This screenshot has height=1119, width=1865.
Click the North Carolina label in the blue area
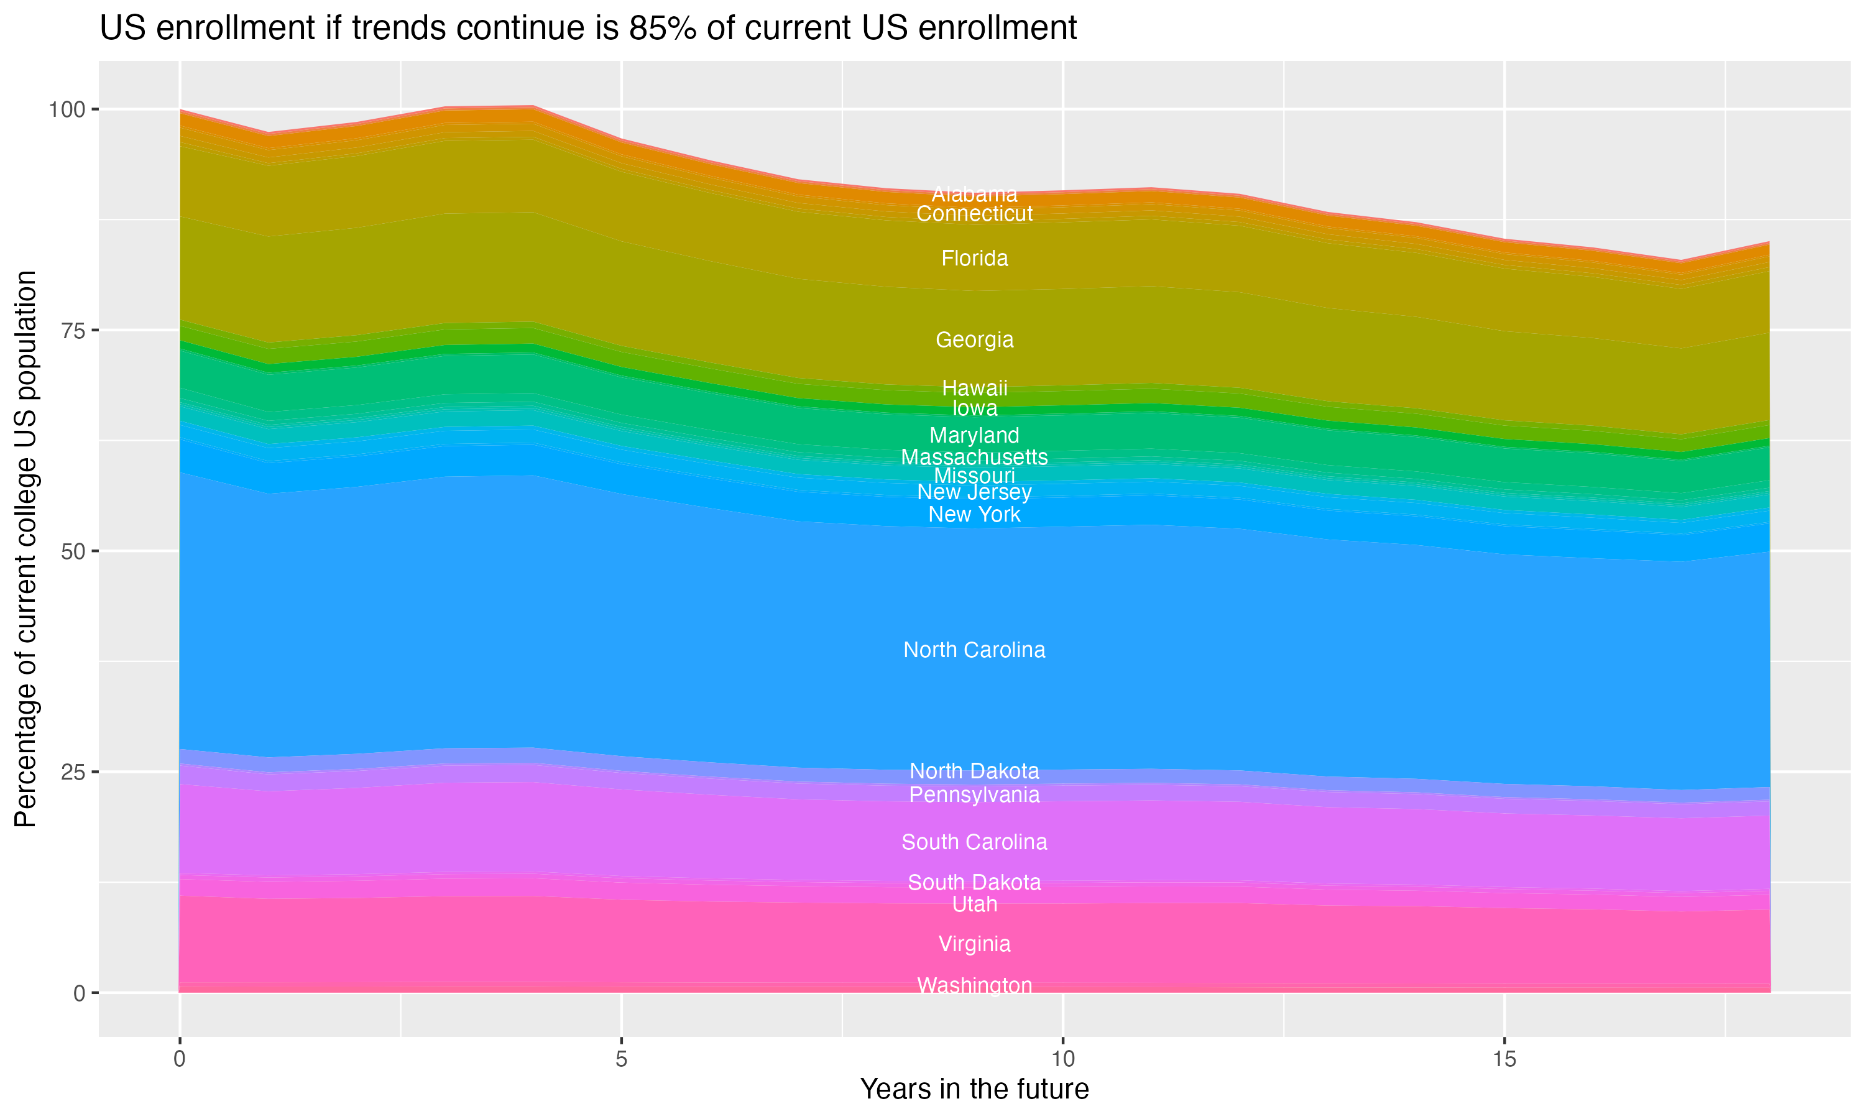pos(974,650)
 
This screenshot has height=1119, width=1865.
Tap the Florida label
pos(974,259)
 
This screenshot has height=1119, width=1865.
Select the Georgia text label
pos(974,340)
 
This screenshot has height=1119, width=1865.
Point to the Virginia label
pos(974,944)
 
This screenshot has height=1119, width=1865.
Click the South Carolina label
pos(974,842)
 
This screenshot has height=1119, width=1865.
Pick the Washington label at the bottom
pos(974,985)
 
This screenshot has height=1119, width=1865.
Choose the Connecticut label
pos(974,214)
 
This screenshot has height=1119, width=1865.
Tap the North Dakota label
pos(974,771)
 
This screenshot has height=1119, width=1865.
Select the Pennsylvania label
pos(974,794)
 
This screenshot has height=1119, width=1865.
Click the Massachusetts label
pos(974,457)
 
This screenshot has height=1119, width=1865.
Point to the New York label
pos(974,515)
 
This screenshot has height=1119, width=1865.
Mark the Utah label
pos(974,904)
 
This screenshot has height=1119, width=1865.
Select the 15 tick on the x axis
pos(1504,1059)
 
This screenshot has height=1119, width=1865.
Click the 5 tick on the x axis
pos(621,1059)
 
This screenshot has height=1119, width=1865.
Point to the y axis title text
pos(25,548)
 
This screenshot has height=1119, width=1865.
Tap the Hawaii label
pos(974,389)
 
